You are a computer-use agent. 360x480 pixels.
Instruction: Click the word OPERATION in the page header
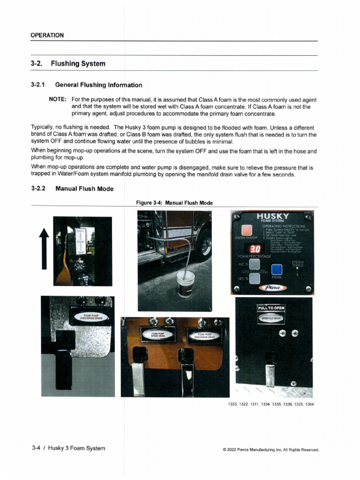[47, 35]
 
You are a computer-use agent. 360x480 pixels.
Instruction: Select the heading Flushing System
[78, 63]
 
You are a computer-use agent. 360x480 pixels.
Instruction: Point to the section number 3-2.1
[37, 85]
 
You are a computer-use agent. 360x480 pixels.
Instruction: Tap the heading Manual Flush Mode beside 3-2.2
[84, 188]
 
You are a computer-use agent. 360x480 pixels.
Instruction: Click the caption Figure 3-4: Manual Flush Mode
[174, 203]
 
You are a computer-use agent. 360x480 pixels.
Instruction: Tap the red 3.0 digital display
[255, 248]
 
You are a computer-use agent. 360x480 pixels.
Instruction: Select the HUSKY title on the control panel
[273, 216]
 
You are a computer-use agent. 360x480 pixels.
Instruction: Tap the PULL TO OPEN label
[271, 308]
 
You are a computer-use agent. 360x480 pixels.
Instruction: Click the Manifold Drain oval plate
[271, 317]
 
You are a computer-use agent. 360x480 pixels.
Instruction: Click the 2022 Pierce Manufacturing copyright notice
[271, 450]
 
